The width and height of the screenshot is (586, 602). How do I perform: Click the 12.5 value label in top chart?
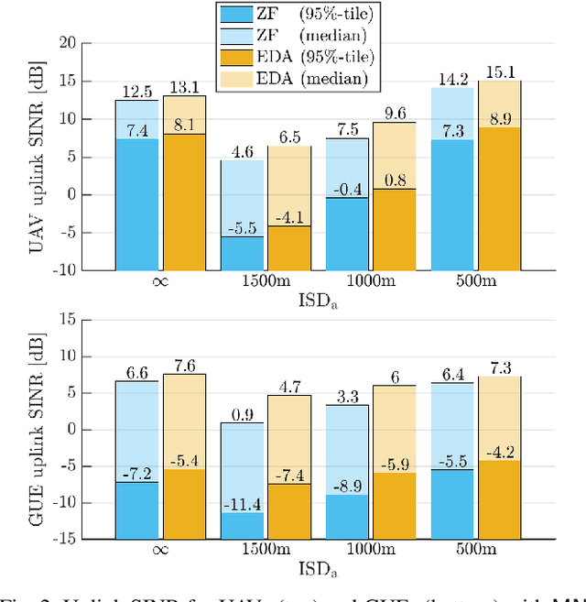[x=136, y=92]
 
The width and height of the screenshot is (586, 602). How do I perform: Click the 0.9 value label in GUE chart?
[x=241, y=414]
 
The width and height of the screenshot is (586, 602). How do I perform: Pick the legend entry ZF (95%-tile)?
[x=297, y=14]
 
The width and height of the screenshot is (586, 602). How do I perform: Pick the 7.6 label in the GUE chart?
[x=185, y=366]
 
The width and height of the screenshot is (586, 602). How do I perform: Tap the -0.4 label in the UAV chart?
[x=345, y=189]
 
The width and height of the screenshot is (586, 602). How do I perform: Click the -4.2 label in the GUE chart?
[x=500, y=452]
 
